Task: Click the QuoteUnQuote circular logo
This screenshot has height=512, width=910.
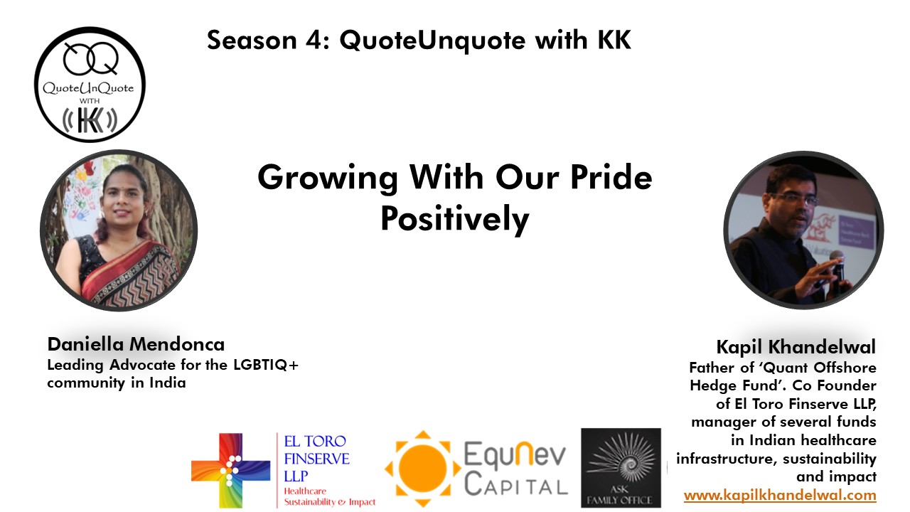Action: (x=90, y=84)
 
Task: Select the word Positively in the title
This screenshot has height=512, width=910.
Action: (x=454, y=218)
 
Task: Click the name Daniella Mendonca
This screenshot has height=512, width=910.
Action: (x=136, y=345)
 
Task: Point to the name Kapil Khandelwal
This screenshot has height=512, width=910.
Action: (x=796, y=347)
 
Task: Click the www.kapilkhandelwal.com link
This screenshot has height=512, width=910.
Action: (x=780, y=495)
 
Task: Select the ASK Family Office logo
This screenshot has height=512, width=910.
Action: (x=621, y=467)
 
